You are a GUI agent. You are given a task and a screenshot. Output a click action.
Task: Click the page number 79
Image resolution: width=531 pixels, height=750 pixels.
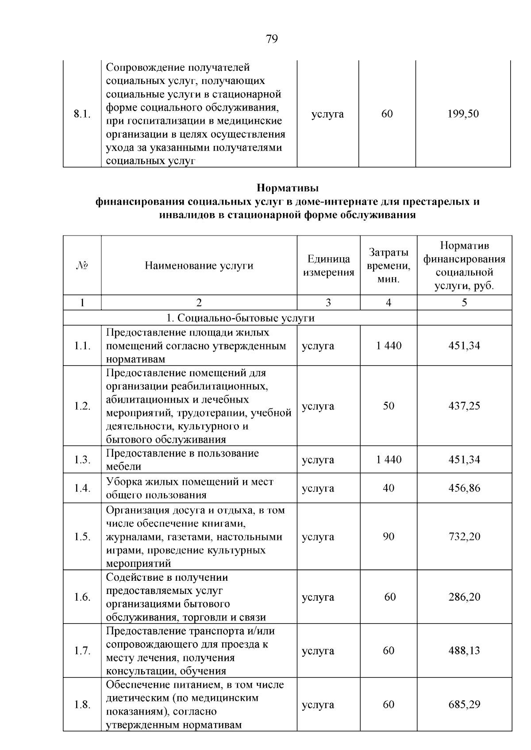pos(272,39)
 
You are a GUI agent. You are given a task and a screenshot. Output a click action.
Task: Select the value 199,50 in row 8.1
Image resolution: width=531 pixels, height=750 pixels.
pos(463,114)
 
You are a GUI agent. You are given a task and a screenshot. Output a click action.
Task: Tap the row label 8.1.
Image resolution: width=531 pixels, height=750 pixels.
pos(82,114)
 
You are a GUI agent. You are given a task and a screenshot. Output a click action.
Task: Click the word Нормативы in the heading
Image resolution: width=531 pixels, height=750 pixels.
pos(288,188)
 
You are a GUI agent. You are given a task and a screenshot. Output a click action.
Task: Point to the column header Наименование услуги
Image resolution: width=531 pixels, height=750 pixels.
pos(199,266)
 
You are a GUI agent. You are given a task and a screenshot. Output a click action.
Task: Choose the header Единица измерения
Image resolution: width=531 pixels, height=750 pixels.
pos(328,266)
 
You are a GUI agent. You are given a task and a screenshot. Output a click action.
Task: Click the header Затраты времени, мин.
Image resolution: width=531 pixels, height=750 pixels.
pos(389,266)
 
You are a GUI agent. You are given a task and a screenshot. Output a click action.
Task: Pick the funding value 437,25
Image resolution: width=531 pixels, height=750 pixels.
pos(464,406)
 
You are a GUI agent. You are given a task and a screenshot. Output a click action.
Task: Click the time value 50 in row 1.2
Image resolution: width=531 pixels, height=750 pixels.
pos(389,406)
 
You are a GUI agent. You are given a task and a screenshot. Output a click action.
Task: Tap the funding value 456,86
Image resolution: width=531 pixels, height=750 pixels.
pos(464,488)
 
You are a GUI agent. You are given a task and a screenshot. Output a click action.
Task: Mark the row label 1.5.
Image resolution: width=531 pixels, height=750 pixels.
pos(82,537)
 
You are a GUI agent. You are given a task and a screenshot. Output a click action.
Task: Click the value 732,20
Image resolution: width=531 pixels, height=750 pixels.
pos(464,537)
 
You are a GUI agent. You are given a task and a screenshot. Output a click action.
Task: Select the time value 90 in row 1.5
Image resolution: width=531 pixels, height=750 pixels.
pos(389,537)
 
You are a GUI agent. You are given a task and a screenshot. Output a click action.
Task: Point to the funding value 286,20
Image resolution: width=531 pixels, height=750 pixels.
pos(464,597)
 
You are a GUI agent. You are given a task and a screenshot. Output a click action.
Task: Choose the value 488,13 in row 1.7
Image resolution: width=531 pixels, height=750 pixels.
pos(464,651)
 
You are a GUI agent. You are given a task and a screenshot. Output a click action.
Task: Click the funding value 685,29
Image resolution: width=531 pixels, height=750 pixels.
pos(464,704)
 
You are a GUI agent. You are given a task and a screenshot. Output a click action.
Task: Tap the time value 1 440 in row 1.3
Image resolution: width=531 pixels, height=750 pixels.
pos(389,460)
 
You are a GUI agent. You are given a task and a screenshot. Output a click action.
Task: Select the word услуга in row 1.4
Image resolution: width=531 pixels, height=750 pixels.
pos(318,488)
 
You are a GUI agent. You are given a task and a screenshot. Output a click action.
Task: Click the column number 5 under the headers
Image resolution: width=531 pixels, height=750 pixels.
pos(464,303)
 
